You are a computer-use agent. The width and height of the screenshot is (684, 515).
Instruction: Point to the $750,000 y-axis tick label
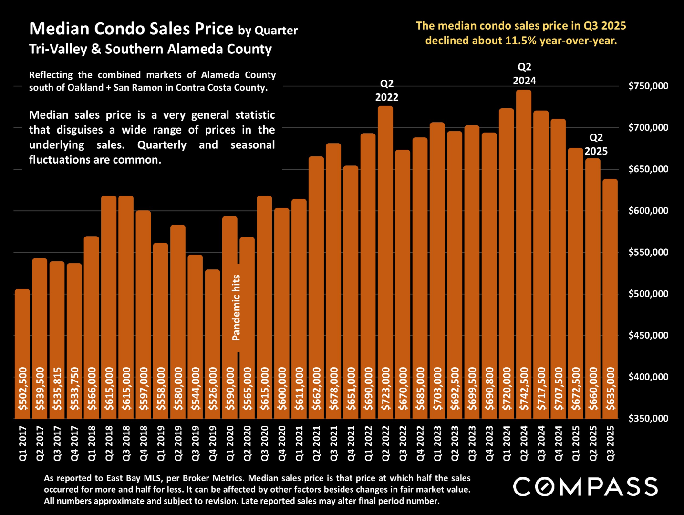coord(648,86)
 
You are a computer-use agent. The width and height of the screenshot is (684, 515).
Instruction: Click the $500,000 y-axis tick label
coord(648,294)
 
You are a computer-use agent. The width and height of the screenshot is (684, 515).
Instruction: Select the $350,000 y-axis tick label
coord(648,419)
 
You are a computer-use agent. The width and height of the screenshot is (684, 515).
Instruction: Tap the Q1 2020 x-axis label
coord(230,443)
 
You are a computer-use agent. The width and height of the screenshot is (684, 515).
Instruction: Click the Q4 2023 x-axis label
coord(489,443)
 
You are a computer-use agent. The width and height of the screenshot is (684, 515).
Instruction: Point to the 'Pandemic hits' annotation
coord(236,308)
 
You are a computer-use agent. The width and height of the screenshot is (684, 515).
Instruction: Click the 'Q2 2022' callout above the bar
coord(386,91)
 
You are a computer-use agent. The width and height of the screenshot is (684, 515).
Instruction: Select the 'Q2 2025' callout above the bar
coord(596,144)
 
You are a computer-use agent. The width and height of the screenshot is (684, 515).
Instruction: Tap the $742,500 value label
coord(524,389)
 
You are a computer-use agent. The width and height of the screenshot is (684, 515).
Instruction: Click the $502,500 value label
coord(22,389)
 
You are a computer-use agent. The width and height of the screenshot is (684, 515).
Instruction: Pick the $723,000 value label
coord(385,389)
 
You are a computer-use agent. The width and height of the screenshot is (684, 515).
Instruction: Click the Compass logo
coord(585,487)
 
